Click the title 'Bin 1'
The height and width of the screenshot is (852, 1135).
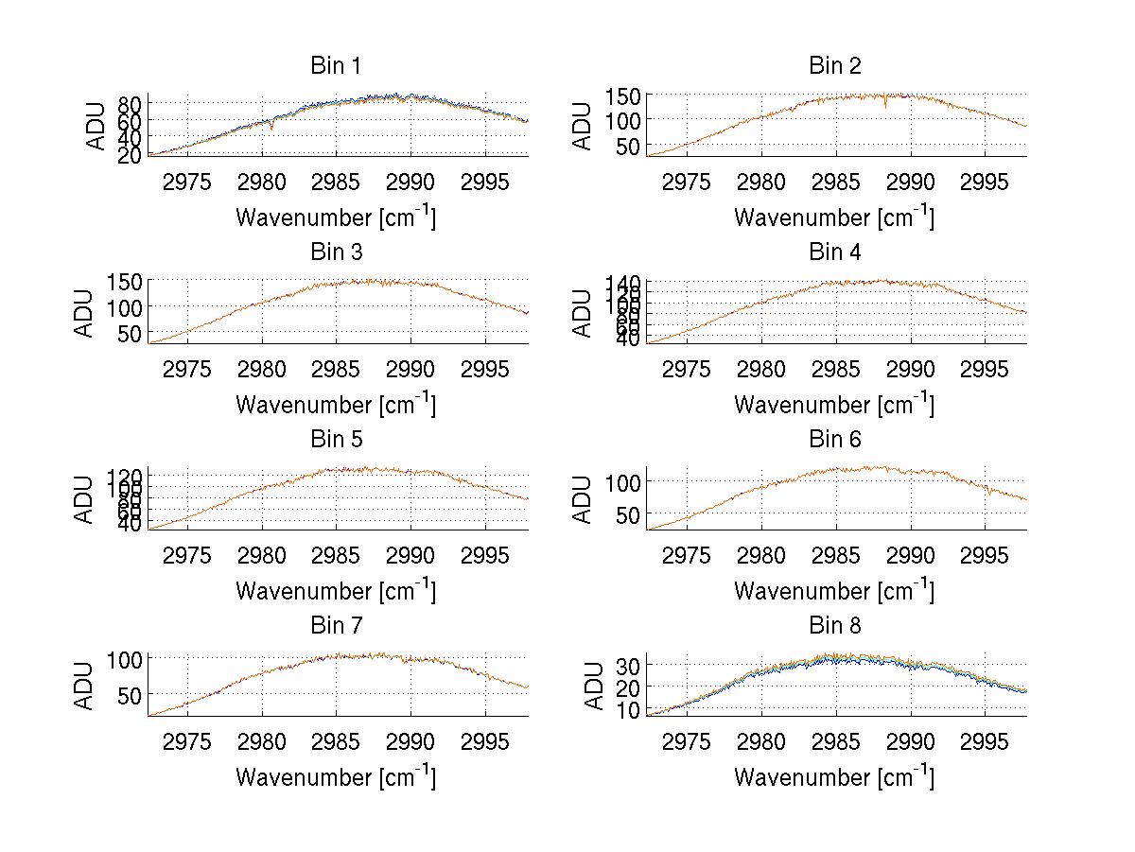pos(336,66)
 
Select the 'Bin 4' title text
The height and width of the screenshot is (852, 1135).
pos(835,252)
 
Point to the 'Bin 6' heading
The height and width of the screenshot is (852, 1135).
pos(835,440)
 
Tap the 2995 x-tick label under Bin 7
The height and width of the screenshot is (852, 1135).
pos(486,741)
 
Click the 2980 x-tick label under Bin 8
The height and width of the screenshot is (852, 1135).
pos(761,741)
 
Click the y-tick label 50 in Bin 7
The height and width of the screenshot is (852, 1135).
pos(131,694)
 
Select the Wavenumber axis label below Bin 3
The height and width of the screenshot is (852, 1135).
pos(336,404)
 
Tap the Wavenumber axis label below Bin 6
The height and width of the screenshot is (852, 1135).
pos(834,590)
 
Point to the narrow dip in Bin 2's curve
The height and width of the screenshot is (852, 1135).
pos(885,106)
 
